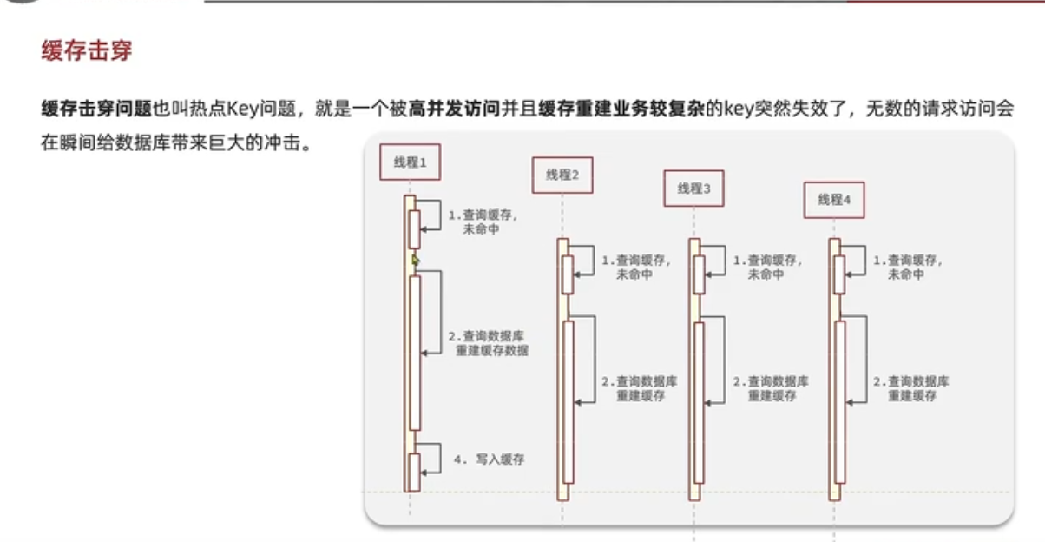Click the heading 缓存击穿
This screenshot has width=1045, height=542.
[87, 50]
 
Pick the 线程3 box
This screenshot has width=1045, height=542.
[693, 188]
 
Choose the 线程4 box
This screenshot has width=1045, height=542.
[833, 200]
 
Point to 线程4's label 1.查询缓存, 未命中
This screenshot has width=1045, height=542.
[908, 267]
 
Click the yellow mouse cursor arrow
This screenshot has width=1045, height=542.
[416, 260]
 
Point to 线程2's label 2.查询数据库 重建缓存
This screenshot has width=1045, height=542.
[640, 388]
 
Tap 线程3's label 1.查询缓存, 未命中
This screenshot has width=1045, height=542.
[768, 267]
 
